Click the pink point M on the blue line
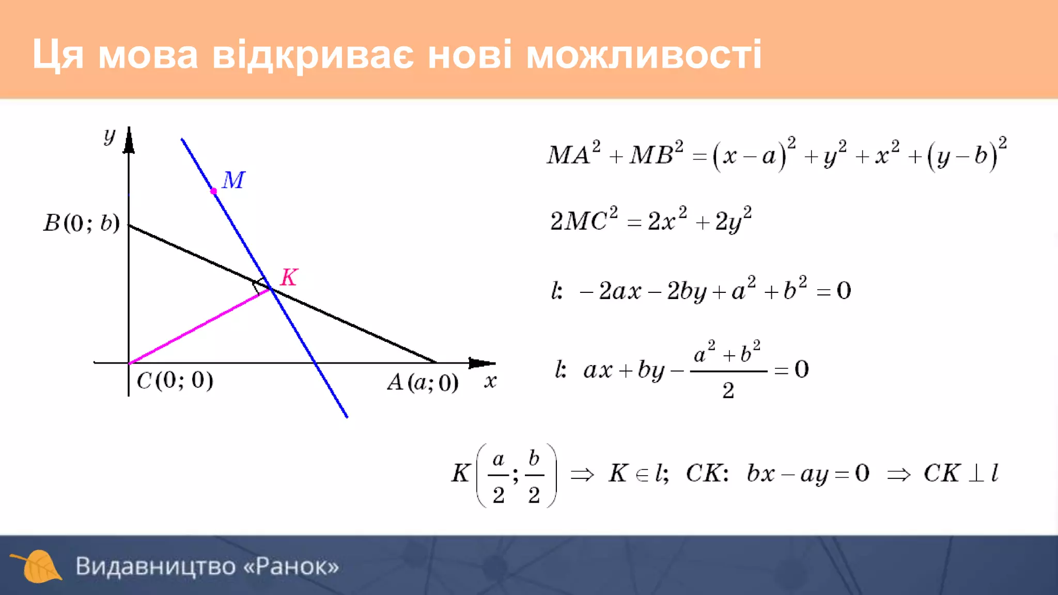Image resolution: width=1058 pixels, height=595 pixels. (213, 191)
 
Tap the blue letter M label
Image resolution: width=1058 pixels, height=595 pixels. (234, 180)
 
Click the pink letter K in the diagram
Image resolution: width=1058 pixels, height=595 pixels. (289, 277)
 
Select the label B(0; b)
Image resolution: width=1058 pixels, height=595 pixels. (82, 223)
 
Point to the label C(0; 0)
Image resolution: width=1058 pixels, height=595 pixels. (175, 381)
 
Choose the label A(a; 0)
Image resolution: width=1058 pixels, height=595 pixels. (423, 383)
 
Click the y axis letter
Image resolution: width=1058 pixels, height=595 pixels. (109, 136)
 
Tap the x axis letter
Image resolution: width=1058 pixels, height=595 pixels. (490, 382)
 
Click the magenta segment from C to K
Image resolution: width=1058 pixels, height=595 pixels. (199, 326)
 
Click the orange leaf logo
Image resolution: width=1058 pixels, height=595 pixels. (37, 566)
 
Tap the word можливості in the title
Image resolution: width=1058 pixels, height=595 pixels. (644, 54)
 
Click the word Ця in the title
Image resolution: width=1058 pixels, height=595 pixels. (57, 54)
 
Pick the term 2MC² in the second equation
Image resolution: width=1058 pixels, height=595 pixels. (583, 220)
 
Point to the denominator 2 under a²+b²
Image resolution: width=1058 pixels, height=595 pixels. (728, 390)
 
